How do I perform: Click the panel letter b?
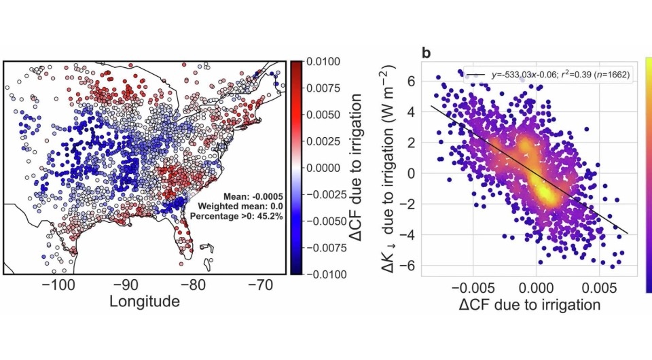click(x=427, y=53)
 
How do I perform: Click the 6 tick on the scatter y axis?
click(x=410, y=80)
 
